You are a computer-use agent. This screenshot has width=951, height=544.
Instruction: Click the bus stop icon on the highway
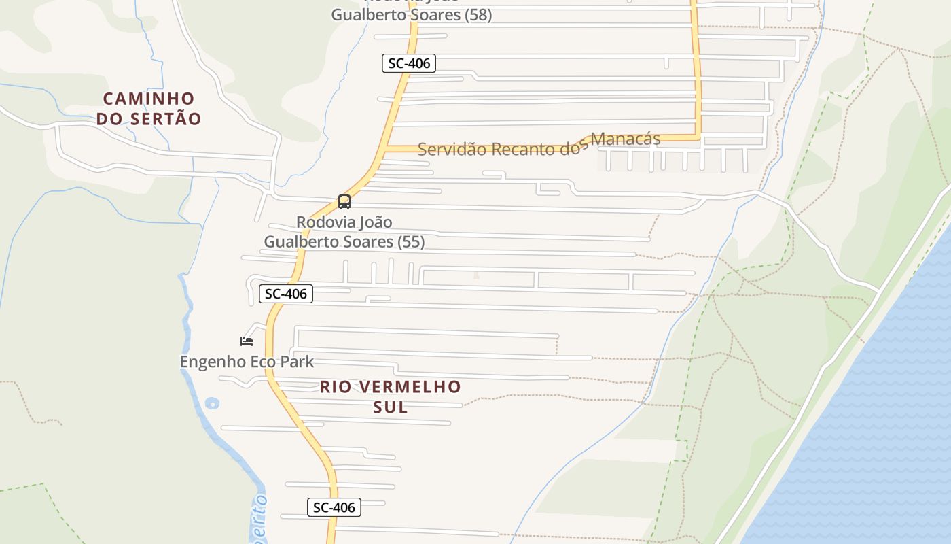coord(344,202)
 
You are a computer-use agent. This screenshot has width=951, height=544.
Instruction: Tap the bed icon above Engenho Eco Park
coord(247,341)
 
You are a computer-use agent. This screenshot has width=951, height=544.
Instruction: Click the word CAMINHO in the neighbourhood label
coord(149,99)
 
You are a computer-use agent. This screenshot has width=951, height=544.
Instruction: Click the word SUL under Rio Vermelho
coord(391,407)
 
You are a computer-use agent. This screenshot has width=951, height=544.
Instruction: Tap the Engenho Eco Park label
coord(247,362)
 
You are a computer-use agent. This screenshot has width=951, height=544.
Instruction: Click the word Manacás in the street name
coord(626,139)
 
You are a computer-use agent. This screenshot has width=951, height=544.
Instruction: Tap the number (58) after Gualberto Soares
coord(478,14)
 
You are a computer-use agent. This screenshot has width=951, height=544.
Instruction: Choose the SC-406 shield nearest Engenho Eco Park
coord(286,294)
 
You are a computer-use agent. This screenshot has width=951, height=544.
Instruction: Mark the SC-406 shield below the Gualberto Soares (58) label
coord(408,63)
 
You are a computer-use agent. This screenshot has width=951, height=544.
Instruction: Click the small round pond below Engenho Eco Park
coord(212,403)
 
